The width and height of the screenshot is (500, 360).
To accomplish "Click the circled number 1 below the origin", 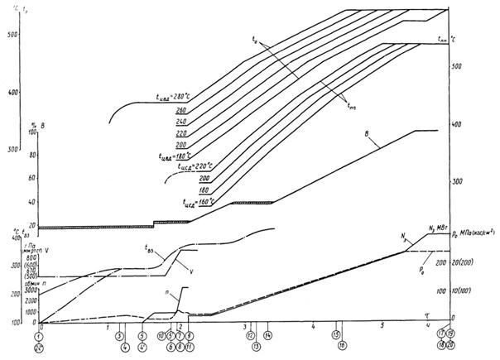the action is pos(38,337).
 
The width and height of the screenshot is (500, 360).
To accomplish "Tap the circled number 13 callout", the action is pos(257,346).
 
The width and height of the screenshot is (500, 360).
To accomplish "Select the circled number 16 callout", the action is pos(343,346).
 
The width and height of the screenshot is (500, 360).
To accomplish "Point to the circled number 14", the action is pos(269,336).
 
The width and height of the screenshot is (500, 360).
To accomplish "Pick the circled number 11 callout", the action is pos(190,346).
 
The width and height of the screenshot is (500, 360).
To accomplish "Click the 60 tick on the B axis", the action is pos(33,178).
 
